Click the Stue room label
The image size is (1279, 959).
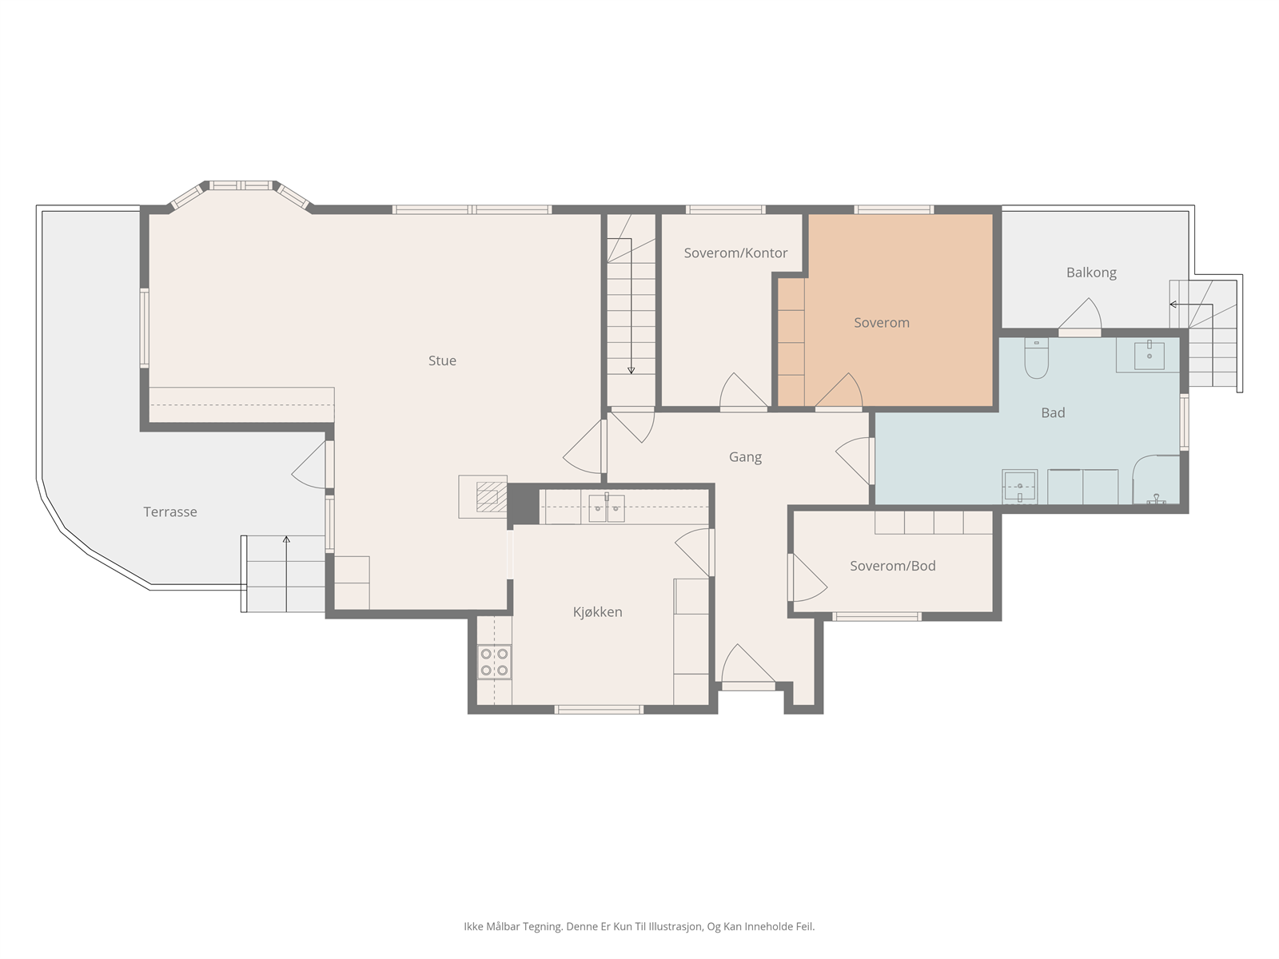tap(442, 361)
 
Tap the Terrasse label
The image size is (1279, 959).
tap(170, 511)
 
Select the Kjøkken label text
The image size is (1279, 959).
tap(597, 612)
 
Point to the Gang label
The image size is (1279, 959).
tap(745, 457)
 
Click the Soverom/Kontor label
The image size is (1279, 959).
tap(735, 253)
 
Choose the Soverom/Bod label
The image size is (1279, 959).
tap(893, 566)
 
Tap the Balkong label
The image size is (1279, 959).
tap(1091, 273)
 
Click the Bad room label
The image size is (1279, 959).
tap(1053, 413)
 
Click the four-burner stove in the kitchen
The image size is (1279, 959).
tap(494, 662)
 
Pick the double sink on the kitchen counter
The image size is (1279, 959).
tap(607, 507)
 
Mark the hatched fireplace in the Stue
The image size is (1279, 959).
tap(491, 496)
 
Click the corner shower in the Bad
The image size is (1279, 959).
tap(1156, 479)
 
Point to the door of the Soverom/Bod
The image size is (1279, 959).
tap(807, 577)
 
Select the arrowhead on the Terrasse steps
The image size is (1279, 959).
tap(286, 539)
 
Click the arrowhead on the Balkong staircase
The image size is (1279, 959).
tap(1173, 304)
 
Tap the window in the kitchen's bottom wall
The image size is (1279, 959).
tap(599, 709)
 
